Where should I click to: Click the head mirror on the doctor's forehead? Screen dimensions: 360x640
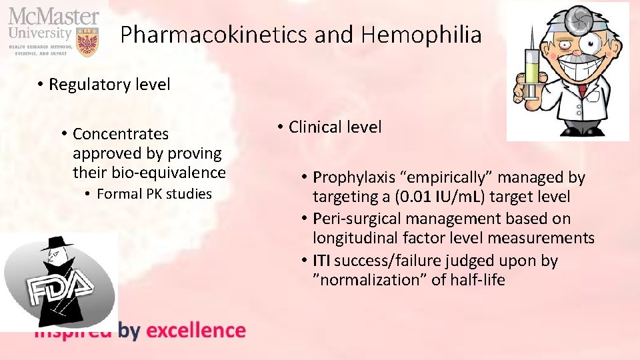pyautogui.click(x=582, y=18)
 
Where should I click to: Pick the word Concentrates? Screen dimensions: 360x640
pyautogui.click(x=121, y=134)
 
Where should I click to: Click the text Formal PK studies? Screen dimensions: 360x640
pyautogui.click(x=154, y=194)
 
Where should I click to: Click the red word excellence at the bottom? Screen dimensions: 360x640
pyautogui.click(x=195, y=330)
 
